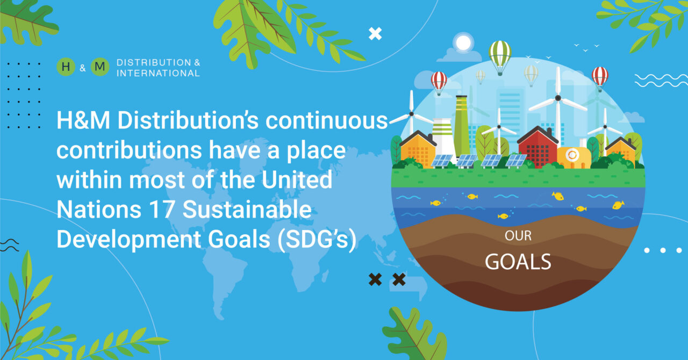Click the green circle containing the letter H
point(66,67)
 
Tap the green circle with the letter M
point(100,67)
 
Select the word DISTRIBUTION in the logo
point(154,62)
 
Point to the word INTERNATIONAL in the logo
point(158,73)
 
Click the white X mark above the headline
point(375,34)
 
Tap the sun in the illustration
point(463,42)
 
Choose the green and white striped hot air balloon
point(500,57)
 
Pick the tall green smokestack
point(462,126)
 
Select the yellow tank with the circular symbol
point(574,157)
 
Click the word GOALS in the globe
point(518,262)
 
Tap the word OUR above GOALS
point(518,235)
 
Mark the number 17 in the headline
point(162,210)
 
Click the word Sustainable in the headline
point(247,210)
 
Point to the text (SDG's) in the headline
point(317,239)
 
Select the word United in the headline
point(297,179)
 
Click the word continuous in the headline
point(326,120)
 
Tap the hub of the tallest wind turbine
point(558,98)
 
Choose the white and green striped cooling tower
point(443,136)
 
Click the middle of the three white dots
point(663,250)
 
